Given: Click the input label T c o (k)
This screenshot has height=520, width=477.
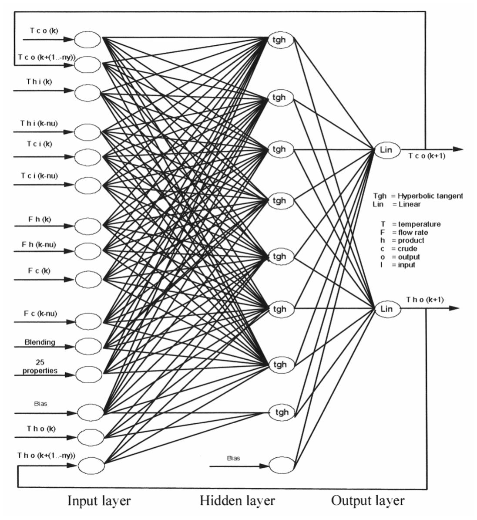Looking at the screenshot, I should pyautogui.click(x=44, y=30).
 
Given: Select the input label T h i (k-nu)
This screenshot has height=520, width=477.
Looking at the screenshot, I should pyautogui.click(x=39, y=123).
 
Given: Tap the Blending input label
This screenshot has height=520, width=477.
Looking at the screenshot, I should pyautogui.click(x=40, y=342).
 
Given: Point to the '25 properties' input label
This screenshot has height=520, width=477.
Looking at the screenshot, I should pyautogui.click(x=40, y=367).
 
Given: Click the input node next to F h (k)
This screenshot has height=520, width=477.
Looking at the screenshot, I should pyautogui.click(x=87, y=226).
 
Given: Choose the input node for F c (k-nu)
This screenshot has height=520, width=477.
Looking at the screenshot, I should pyautogui.click(x=87, y=321).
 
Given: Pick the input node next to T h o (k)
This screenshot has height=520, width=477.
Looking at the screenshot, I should pyautogui.click(x=91, y=436).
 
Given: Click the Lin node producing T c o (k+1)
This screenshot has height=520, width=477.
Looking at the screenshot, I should pyautogui.click(x=386, y=150).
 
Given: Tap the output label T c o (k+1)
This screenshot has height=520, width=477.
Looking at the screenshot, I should pyautogui.click(x=427, y=156).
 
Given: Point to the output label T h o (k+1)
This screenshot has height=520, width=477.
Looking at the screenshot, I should pyautogui.click(x=425, y=300).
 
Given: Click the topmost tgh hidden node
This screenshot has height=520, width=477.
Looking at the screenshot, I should pyautogui.click(x=279, y=40).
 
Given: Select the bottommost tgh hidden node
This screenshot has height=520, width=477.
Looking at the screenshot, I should pyautogui.click(x=282, y=412).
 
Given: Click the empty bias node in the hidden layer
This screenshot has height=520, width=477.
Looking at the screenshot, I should pyautogui.click(x=282, y=465).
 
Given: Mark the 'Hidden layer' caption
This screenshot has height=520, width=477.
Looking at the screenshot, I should pyautogui.click(x=237, y=501).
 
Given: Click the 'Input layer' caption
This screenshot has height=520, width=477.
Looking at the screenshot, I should pyautogui.click(x=99, y=501).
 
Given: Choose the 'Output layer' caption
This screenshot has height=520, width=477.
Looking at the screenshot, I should pyautogui.click(x=368, y=501).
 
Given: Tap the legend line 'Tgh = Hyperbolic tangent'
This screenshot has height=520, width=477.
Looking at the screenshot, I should pyautogui.click(x=418, y=196).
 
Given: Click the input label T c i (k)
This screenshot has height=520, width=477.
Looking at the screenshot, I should pyautogui.click(x=36, y=144).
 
